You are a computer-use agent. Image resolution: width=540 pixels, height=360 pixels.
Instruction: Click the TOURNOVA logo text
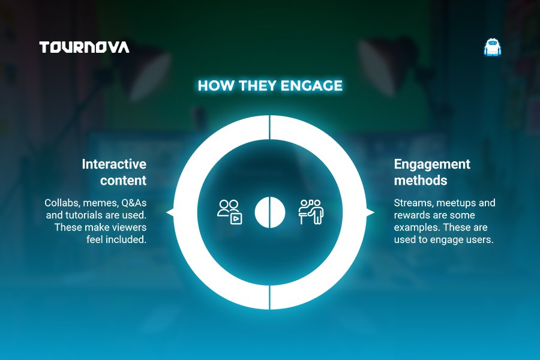tap(85, 47)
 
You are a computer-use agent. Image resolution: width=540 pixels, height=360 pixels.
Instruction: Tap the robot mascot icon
tap(493, 47)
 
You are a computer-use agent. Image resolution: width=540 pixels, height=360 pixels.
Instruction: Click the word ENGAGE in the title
tap(311, 86)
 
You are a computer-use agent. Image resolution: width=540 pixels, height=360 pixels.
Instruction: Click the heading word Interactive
tap(114, 164)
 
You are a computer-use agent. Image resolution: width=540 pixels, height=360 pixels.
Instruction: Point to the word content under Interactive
tap(123, 181)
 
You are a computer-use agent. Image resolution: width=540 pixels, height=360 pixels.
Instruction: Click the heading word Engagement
tap(432, 164)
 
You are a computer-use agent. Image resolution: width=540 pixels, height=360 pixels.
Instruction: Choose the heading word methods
tap(421, 181)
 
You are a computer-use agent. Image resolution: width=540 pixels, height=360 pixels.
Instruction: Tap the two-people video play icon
tap(230, 212)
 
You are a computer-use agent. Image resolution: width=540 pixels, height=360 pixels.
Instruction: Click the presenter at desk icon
tap(311, 212)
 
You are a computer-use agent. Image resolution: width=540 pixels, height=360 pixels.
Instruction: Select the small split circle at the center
tap(270, 212)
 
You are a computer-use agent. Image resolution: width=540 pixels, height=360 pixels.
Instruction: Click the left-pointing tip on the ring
tap(167, 212)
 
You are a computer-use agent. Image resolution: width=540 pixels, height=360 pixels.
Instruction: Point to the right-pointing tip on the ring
tap(374, 212)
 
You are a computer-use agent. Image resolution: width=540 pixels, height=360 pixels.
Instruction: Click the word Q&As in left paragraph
tap(134, 203)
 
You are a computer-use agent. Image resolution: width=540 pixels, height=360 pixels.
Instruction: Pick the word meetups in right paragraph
tap(455, 203)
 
